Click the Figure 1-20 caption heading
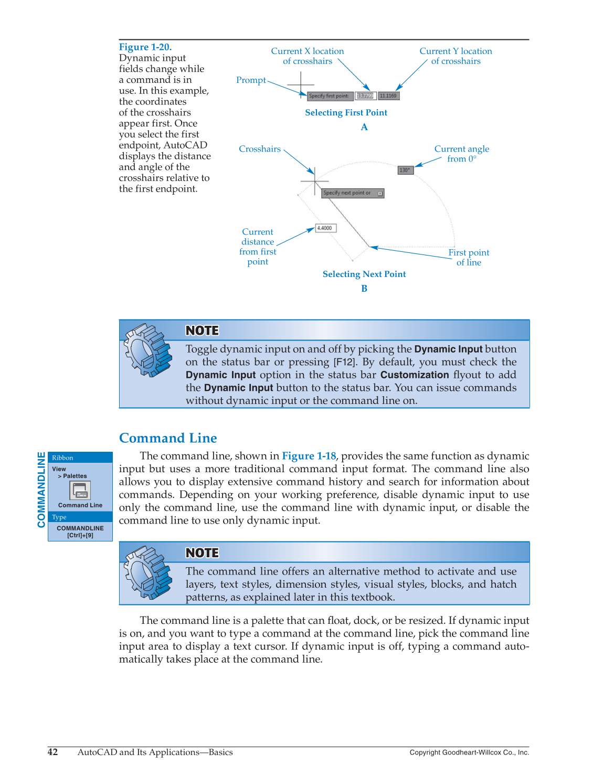click(145, 47)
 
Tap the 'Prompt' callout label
click(251, 80)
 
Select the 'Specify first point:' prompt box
click(329, 96)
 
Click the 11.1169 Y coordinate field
click(388, 96)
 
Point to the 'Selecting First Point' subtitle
click(346, 113)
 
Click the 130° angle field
click(405, 170)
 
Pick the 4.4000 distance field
click(325, 228)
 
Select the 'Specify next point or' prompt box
click(352, 193)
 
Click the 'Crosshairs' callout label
click(259, 149)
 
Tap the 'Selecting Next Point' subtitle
click(364, 274)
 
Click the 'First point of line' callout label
click(468, 258)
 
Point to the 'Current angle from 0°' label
click(461, 154)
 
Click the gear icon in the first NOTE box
click(147, 350)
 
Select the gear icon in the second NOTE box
click(147, 572)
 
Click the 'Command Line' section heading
click(168, 438)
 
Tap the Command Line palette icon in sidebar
click(80, 491)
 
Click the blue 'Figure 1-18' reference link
click(309, 456)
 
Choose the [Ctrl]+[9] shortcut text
click(80, 535)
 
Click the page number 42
click(53, 752)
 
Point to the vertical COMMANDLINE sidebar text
click(41, 490)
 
